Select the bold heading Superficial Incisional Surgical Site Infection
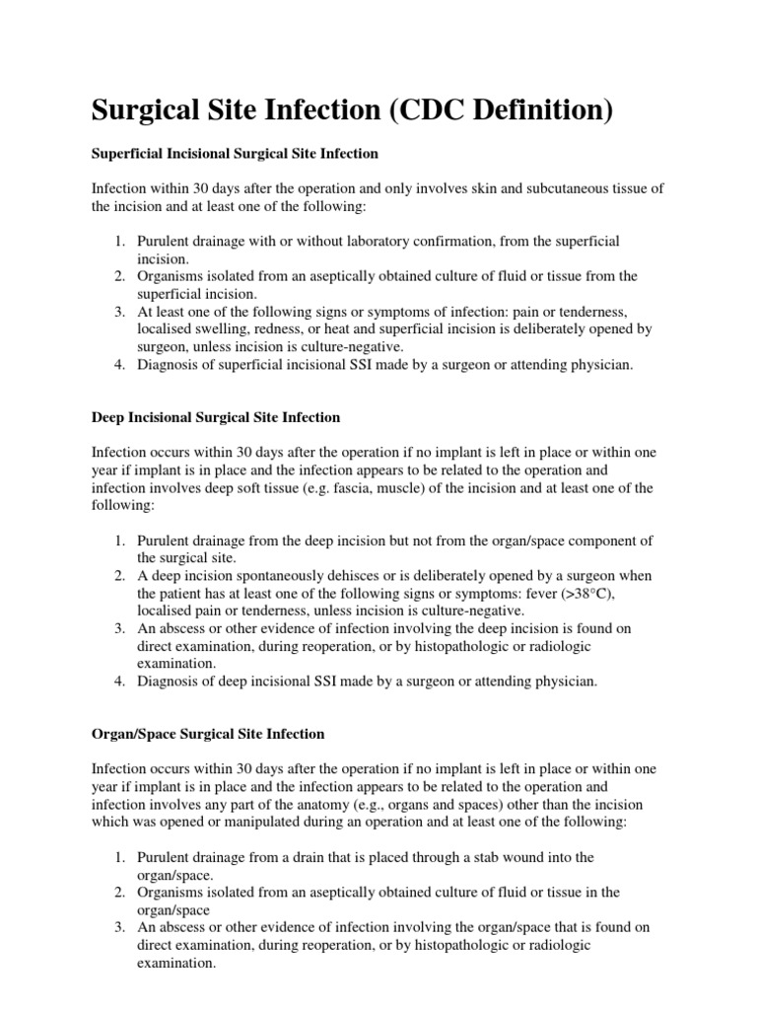click(235, 154)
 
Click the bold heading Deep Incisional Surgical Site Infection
click(216, 417)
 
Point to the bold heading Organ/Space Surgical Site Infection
click(208, 735)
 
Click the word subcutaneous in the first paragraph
click(541, 187)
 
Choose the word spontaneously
click(266, 576)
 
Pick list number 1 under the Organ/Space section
click(118, 858)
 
